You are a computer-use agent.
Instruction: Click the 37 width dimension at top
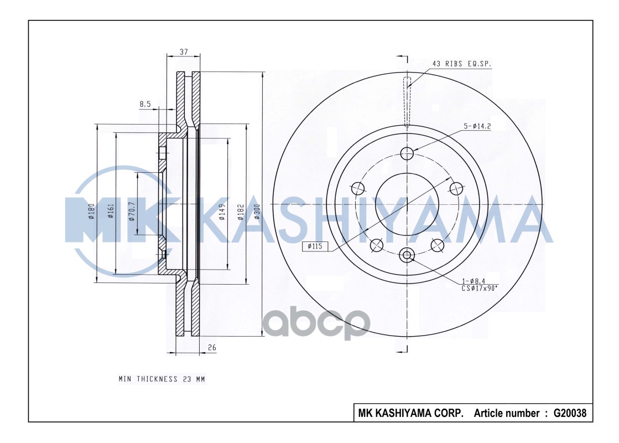(x=184, y=51)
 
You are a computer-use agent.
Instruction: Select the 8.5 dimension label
(x=145, y=104)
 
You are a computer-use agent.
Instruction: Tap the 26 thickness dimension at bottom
(x=211, y=348)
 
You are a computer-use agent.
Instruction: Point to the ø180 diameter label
(x=92, y=212)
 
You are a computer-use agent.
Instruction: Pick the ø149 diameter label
(x=222, y=212)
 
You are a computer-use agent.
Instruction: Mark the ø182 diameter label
(x=241, y=212)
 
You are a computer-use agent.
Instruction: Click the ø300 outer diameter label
(x=257, y=212)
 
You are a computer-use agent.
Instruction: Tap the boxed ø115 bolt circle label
(x=315, y=248)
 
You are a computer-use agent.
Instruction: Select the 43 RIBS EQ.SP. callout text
(x=462, y=64)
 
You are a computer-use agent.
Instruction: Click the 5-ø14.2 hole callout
(x=477, y=126)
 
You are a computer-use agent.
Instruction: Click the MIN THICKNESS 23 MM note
(x=162, y=379)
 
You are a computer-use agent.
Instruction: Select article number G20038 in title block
(x=569, y=413)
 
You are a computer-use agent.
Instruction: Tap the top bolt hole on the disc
(x=407, y=153)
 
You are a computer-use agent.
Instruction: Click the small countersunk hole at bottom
(x=407, y=255)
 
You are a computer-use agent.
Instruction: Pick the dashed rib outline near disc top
(x=408, y=102)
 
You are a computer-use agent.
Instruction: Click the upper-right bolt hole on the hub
(x=456, y=188)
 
